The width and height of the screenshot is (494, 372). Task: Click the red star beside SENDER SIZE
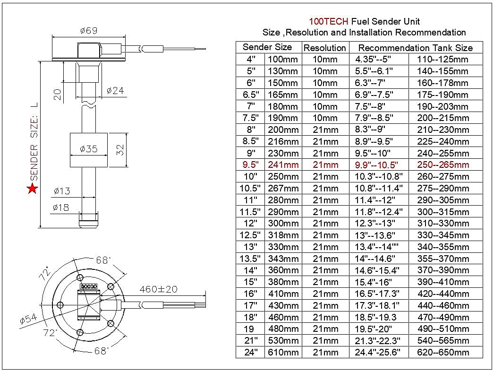pyautogui.click(x=32, y=189)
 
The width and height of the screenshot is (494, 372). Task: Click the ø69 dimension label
pyautogui.click(x=88, y=30)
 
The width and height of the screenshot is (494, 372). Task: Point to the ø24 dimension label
pyautogui.click(x=115, y=90)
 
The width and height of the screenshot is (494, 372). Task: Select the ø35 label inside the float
pyautogui.click(x=88, y=149)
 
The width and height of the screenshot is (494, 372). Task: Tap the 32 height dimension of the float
pyautogui.click(x=120, y=150)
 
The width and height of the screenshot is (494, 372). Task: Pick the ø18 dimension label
pyautogui.click(x=61, y=207)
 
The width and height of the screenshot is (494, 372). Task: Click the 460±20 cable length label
pyautogui.click(x=159, y=289)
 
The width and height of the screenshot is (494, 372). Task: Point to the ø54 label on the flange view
pyautogui.click(x=28, y=320)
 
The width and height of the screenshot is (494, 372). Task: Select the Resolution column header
pyautogui.click(x=324, y=48)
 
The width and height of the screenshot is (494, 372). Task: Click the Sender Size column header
pyautogui.click(x=267, y=47)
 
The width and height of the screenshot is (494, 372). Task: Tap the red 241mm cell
pyautogui.click(x=283, y=165)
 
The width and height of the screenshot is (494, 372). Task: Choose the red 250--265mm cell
pyautogui.click(x=443, y=165)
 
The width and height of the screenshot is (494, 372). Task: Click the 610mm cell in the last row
pyautogui.click(x=283, y=352)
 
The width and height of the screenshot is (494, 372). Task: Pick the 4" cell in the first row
pyautogui.click(x=250, y=60)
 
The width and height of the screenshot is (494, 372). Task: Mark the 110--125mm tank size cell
pyautogui.click(x=443, y=60)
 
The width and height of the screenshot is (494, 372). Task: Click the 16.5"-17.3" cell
pyautogui.click(x=377, y=294)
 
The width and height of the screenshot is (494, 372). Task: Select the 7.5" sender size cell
pyautogui.click(x=250, y=118)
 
